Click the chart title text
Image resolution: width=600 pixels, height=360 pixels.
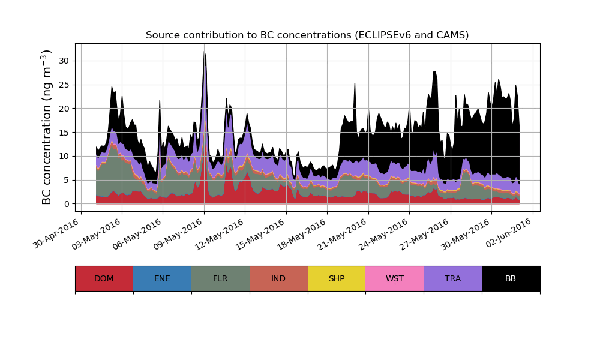[307, 35]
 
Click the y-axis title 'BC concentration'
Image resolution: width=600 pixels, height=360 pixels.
[47, 127]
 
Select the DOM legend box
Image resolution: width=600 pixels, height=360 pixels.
[104, 278]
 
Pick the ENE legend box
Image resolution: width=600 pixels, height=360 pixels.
[162, 278]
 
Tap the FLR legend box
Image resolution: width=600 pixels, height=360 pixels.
[220, 278]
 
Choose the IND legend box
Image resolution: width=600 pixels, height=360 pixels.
[278, 278]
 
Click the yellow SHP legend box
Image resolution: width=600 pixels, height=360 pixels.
[337, 278]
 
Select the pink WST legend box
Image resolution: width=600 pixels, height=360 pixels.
[395, 278]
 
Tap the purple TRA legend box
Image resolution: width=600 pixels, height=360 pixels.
[453, 278]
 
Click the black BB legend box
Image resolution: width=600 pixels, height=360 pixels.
[511, 278]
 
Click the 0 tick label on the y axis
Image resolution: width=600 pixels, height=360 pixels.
[66, 204]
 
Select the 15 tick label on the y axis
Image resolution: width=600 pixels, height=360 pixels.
[64, 132]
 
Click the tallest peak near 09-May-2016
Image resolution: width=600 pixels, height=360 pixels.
[204, 53]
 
